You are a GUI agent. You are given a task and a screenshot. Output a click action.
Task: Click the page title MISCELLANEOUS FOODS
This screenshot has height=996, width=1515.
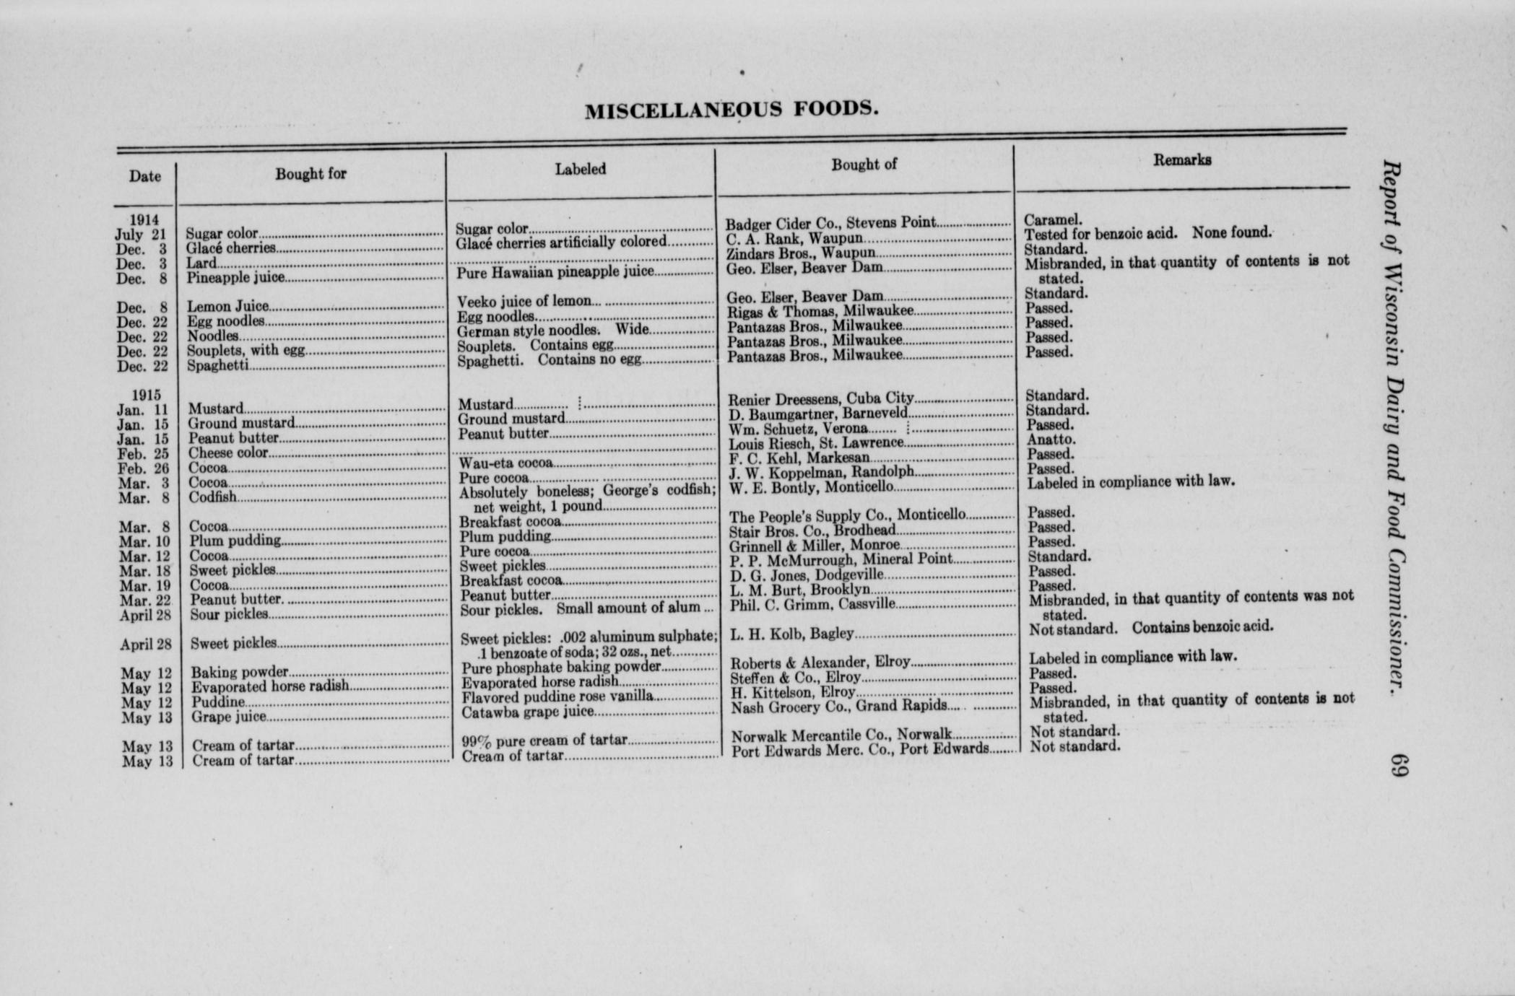pyautogui.click(x=732, y=110)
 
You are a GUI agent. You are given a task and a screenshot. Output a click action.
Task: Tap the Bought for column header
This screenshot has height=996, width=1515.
pyautogui.click(x=311, y=173)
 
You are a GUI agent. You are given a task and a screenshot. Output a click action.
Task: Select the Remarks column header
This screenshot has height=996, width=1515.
pyautogui.click(x=1181, y=160)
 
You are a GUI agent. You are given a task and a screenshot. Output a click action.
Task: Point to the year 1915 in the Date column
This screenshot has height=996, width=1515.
pyautogui.click(x=146, y=395)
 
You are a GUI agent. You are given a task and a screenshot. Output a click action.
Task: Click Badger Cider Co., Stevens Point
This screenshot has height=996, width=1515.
pyautogui.click(x=830, y=223)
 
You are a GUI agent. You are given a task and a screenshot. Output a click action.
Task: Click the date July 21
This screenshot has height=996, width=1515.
pyautogui.click(x=141, y=235)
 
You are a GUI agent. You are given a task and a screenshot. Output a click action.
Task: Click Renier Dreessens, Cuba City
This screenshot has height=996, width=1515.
pyautogui.click(x=821, y=398)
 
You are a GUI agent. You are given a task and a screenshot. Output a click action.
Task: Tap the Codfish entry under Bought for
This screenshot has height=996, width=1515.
pyautogui.click(x=213, y=497)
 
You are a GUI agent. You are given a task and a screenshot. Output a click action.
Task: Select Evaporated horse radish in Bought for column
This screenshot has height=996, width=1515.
pyautogui.click(x=270, y=686)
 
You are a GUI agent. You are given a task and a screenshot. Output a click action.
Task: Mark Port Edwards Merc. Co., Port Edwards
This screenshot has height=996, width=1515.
pyautogui.click(x=860, y=750)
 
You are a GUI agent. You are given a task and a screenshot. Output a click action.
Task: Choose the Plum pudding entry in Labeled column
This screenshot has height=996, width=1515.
pyautogui.click(x=505, y=537)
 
